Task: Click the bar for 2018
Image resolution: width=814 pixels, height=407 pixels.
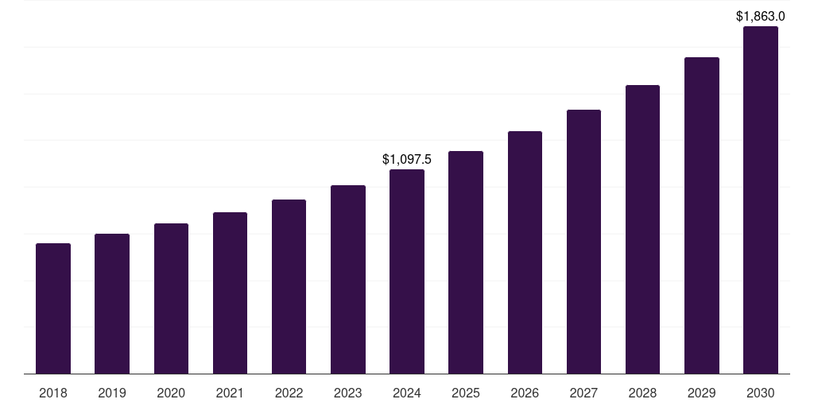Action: (x=53, y=308)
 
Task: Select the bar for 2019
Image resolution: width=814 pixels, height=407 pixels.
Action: (x=112, y=304)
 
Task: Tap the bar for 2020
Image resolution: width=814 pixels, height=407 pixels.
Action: (x=171, y=298)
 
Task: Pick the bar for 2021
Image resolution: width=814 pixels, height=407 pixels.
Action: (x=230, y=293)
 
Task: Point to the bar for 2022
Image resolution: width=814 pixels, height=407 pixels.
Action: (x=289, y=286)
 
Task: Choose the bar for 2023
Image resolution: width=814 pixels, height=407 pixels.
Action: (x=348, y=279)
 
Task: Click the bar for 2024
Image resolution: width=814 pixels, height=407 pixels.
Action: (x=407, y=271)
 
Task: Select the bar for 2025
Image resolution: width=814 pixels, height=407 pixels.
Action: (x=466, y=262)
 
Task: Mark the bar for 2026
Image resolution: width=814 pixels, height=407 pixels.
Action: (x=525, y=252)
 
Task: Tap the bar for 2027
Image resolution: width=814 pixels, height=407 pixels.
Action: (x=583, y=242)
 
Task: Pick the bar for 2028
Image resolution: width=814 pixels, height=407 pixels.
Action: (x=642, y=229)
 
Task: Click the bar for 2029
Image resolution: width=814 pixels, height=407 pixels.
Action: (x=702, y=215)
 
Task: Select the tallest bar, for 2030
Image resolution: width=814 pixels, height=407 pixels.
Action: (x=761, y=200)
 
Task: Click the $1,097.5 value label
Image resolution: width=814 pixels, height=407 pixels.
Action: (x=407, y=160)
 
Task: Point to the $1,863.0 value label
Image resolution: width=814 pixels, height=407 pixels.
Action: (x=761, y=16)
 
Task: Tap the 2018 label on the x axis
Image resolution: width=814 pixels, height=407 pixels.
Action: (x=53, y=393)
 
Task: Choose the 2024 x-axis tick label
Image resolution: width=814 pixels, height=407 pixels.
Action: (x=407, y=393)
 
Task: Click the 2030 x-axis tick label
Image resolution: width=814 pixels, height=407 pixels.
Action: (x=761, y=393)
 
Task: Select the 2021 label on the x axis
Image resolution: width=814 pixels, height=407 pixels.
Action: (x=230, y=393)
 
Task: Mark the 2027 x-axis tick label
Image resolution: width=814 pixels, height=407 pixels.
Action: (x=583, y=393)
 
